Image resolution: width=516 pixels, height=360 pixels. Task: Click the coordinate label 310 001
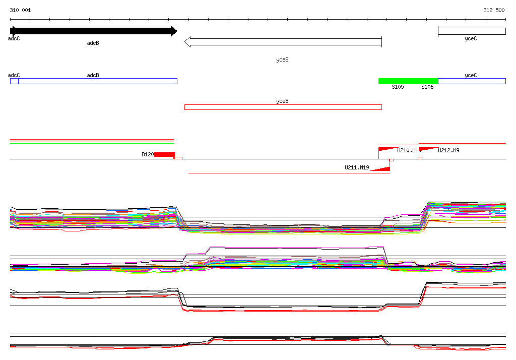coord(20,10)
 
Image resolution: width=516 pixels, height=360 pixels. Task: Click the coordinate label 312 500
coord(494,10)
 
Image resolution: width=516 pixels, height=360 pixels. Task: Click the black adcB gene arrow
coord(94,31)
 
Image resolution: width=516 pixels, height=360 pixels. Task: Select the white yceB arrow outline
coord(283,42)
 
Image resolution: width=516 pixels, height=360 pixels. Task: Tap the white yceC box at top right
coord(472,31)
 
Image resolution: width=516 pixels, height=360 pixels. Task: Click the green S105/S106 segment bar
coord(408,81)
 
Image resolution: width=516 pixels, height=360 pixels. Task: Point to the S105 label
coord(398,87)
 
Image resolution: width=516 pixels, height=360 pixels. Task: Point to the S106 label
coord(427,87)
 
